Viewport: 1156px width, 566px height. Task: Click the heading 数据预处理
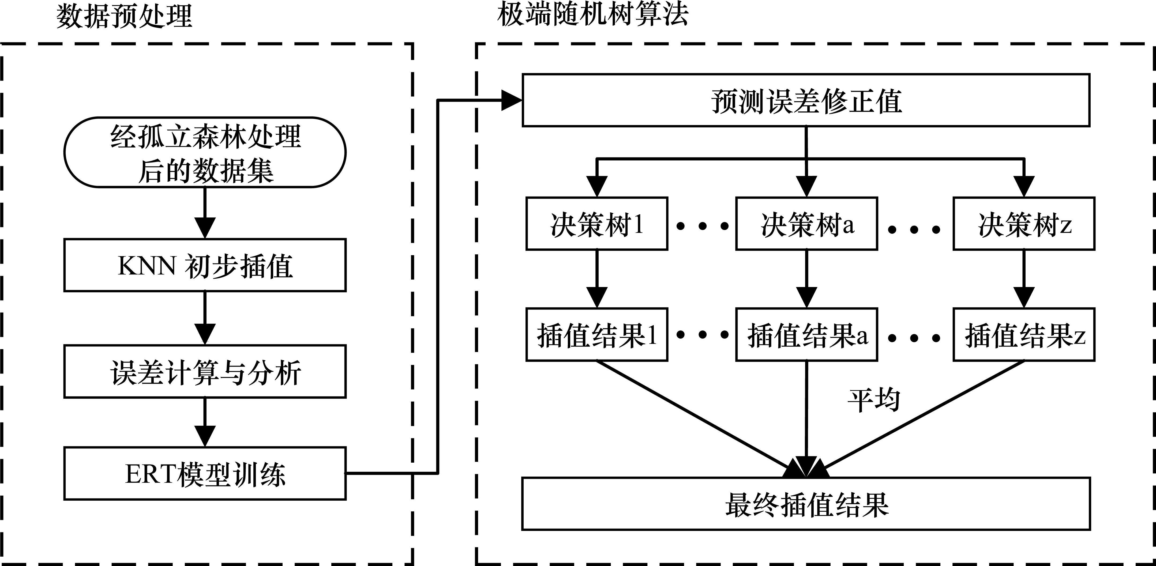pyautogui.click(x=124, y=17)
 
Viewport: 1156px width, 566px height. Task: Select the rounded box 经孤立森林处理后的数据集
pyautogui.click(x=205, y=153)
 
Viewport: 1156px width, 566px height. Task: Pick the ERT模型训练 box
pyautogui.click(x=205, y=474)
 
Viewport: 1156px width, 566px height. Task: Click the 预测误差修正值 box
pyautogui.click(x=806, y=100)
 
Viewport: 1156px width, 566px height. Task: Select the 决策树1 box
pyautogui.click(x=597, y=224)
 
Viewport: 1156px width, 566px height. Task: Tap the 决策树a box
pyautogui.click(x=806, y=224)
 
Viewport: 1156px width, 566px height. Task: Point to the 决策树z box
pyautogui.click(x=1024, y=224)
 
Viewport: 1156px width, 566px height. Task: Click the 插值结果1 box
pyautogui.click(x=597, y=335)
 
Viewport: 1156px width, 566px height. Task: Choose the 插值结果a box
pyautogui.click(x=806, y=335)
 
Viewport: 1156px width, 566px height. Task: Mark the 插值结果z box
pyautogui.click(x=1024, y=335)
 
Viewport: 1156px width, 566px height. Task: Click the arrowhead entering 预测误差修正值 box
pyautogui.click(x=512, y=100)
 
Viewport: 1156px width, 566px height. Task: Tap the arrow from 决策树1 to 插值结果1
pyautogui.click(x=597, y=278)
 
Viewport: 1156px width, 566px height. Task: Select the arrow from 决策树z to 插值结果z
pyautogui.click(x=1024, y=278)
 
